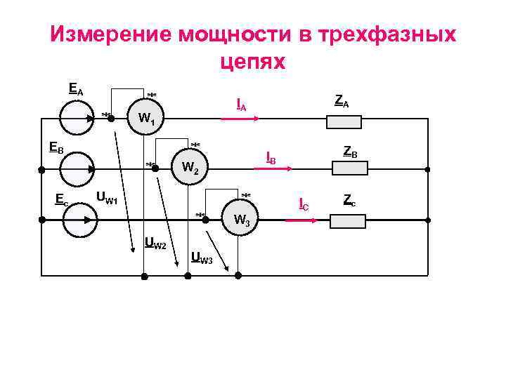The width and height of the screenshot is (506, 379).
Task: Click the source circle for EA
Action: pos(76,118)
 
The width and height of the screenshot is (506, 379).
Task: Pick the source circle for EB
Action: pos(76,168)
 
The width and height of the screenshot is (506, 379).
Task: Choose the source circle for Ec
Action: pos(76,220)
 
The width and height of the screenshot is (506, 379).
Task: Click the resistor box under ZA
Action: pos(344,122)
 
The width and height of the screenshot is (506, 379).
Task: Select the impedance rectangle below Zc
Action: pos(348,222)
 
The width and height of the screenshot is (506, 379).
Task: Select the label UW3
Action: pos(202,258)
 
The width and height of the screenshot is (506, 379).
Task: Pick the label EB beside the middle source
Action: pos(56,148)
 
